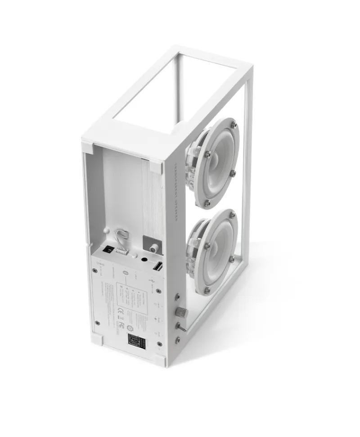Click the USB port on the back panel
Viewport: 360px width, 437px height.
click(x=158, y=267)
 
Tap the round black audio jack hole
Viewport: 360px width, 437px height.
click(x=144, y=259)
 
